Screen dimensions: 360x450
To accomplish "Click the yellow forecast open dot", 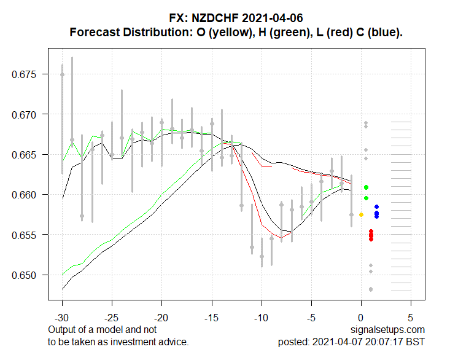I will (x=361, y=214).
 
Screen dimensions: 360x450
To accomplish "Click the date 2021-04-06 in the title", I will (x=268, y=19).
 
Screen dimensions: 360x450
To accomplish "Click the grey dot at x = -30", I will (x=62, y=74).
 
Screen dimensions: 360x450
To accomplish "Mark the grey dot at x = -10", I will (x=262, y=256).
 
